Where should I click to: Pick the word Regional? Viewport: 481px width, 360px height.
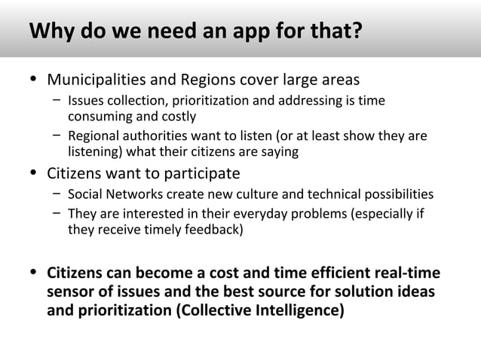pos(93,136)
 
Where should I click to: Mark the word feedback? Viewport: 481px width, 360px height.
pos(213,230)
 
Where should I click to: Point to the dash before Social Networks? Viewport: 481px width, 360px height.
pos(57,194)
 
